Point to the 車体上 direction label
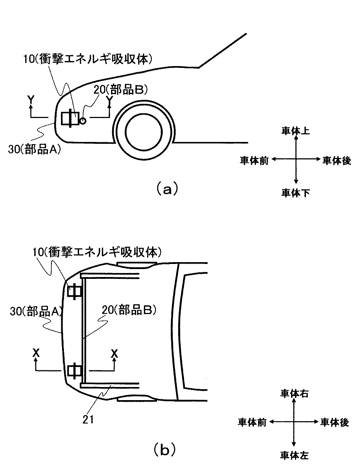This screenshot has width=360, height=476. (296, 131)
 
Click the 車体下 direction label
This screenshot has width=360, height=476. (296, 192)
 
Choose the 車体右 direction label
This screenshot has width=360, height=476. (294, 394)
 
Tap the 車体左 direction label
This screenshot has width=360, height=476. (294, 455)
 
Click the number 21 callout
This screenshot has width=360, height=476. (88, 419)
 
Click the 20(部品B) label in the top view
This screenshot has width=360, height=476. (129, 310)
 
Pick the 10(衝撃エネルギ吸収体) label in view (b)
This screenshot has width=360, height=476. (97, 252)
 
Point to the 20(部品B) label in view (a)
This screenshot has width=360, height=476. (121, 90)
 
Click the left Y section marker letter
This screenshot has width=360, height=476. (31, 100)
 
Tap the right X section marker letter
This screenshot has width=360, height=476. (114, 354)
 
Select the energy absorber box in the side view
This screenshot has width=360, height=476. (70, 118)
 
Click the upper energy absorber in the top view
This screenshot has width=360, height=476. (74, 291)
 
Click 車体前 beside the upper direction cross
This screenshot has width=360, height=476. (254, 161)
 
